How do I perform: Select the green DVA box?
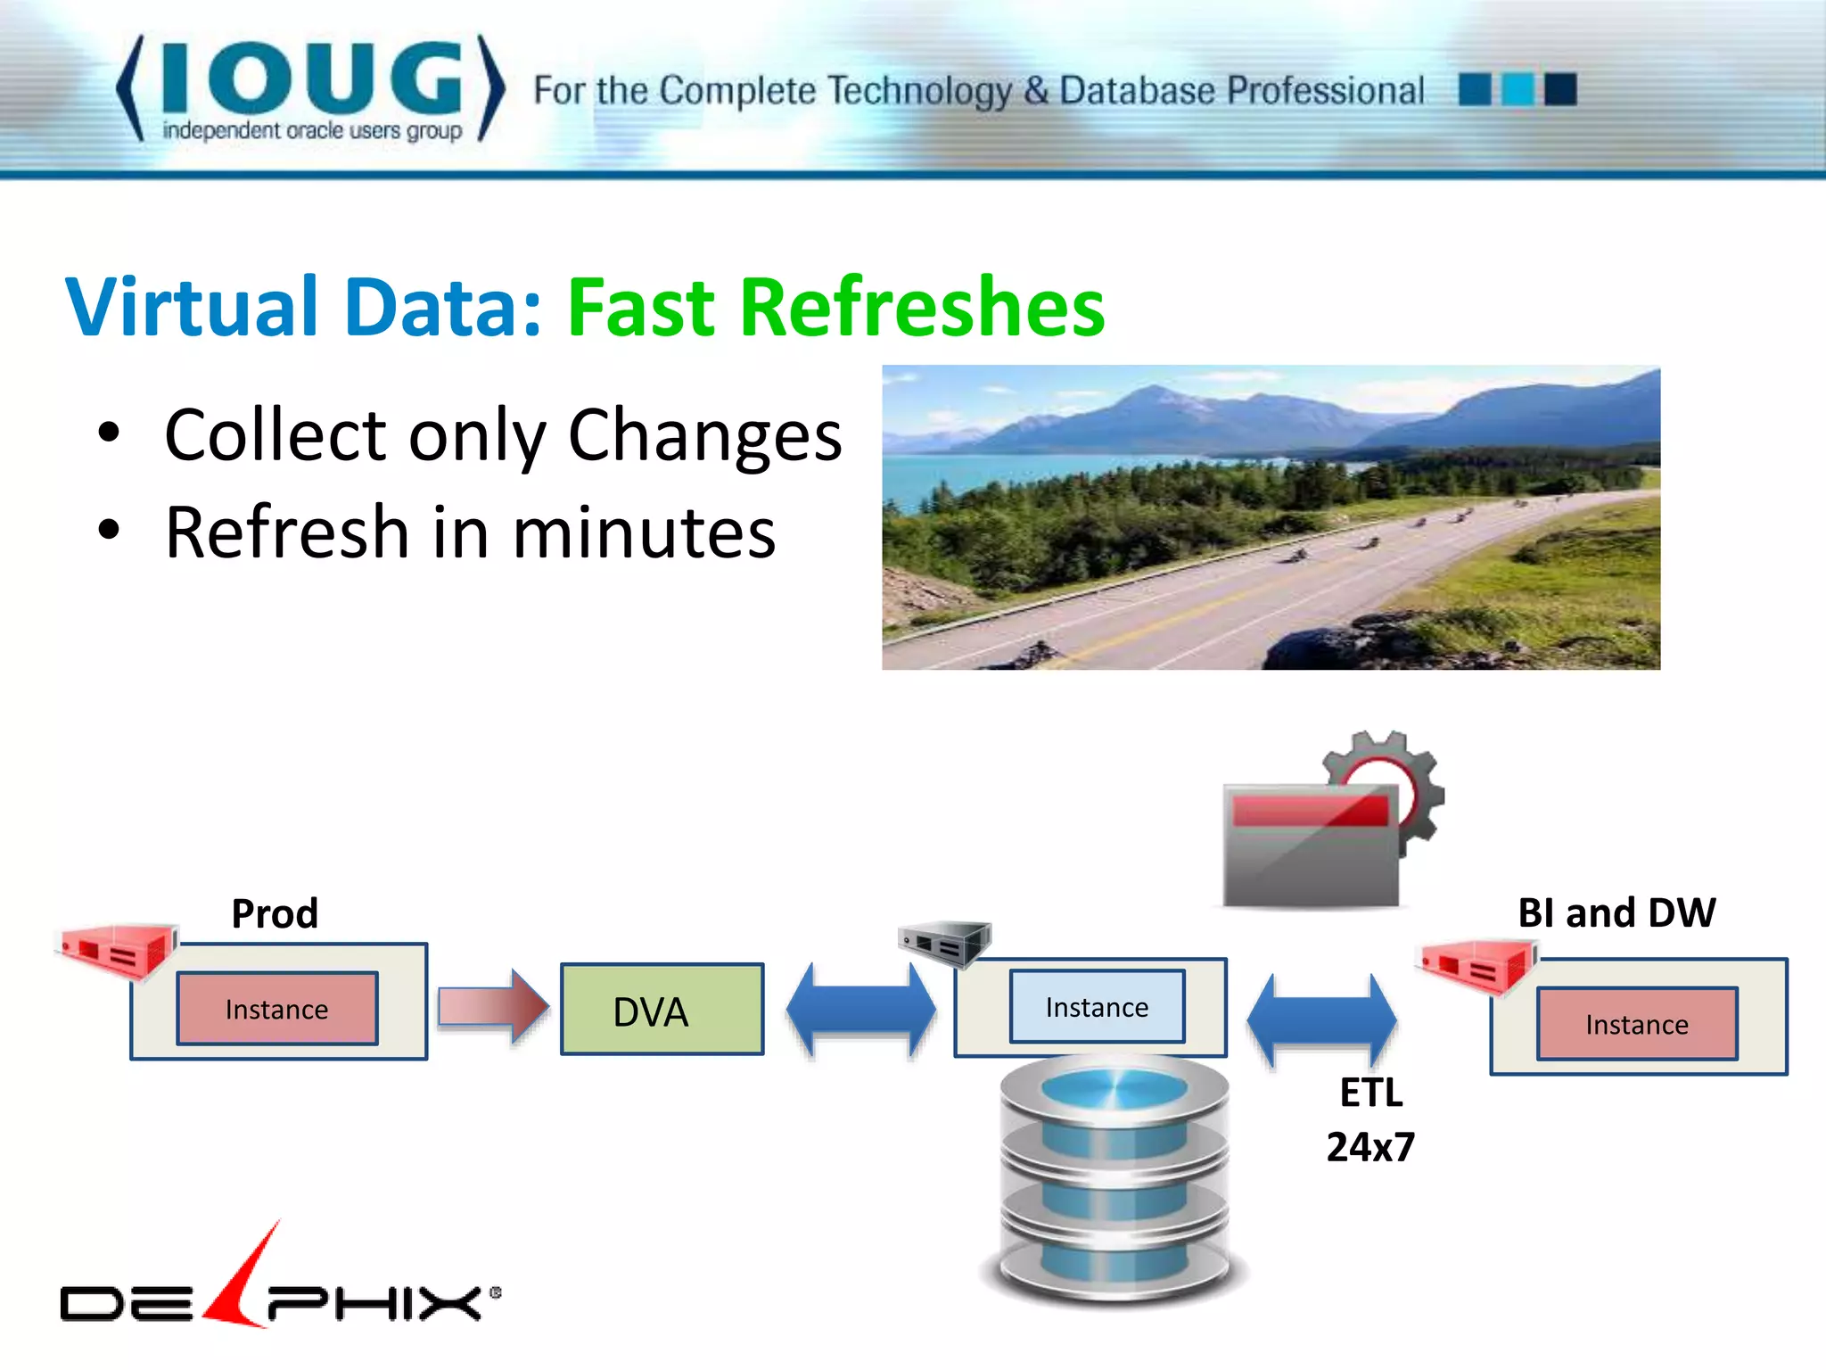coord(662,1010)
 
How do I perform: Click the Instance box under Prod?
coord(277,1009)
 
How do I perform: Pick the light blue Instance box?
coord(1097,1007)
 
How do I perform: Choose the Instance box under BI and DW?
coord(1637,1024)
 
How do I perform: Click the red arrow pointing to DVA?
coord(493,1007)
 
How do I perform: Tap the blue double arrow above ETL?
coord(1321,1019)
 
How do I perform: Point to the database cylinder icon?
coord(1115,1177)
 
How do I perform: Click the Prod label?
coord(275,913)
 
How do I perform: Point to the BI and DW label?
coord(1616,912)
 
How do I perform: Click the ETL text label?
coord(1371,1093)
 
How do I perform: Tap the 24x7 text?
coord(1370,1147)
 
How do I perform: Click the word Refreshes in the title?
coord(922,308)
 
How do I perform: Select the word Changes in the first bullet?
coord(704,435)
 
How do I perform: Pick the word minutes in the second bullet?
coord(644,532)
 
